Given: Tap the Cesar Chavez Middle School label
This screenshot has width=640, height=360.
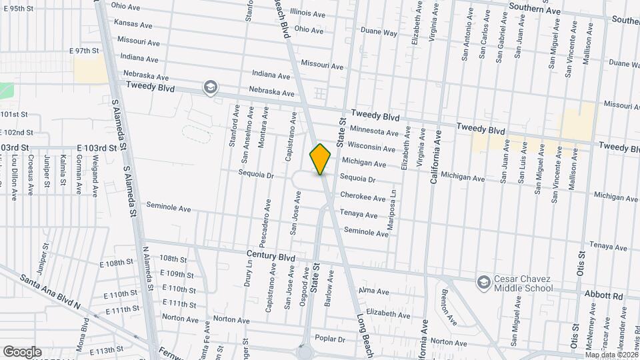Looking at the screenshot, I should pyautogui.click(x=523, y=283).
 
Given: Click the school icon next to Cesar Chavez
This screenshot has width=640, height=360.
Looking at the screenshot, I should pyautogui.click(x=483, y=283).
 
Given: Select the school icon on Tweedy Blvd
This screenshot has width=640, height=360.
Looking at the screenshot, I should pyautogui.click(x=211, y=88).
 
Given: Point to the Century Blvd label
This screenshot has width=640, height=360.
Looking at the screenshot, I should pyautogui.click(x=271, y=256).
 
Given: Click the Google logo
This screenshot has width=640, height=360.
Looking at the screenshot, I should pyautogui.click(x=22, y=351).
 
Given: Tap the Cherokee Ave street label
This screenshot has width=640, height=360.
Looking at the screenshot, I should pyautogui.click(x=363, y=198).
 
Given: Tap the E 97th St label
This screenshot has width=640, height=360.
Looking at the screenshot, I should pyautogui.click(x=84, y=51).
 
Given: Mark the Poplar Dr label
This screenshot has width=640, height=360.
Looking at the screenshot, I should pyautogui.click(x=331, y=339).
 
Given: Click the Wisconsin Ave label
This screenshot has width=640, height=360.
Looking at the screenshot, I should pyautogui.click(x=367, y=147).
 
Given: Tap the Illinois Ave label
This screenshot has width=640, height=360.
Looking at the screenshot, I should pyautogui.click(x=307, y=13).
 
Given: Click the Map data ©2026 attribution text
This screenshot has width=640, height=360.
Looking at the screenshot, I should pyautogui.click(x=611, y=355).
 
